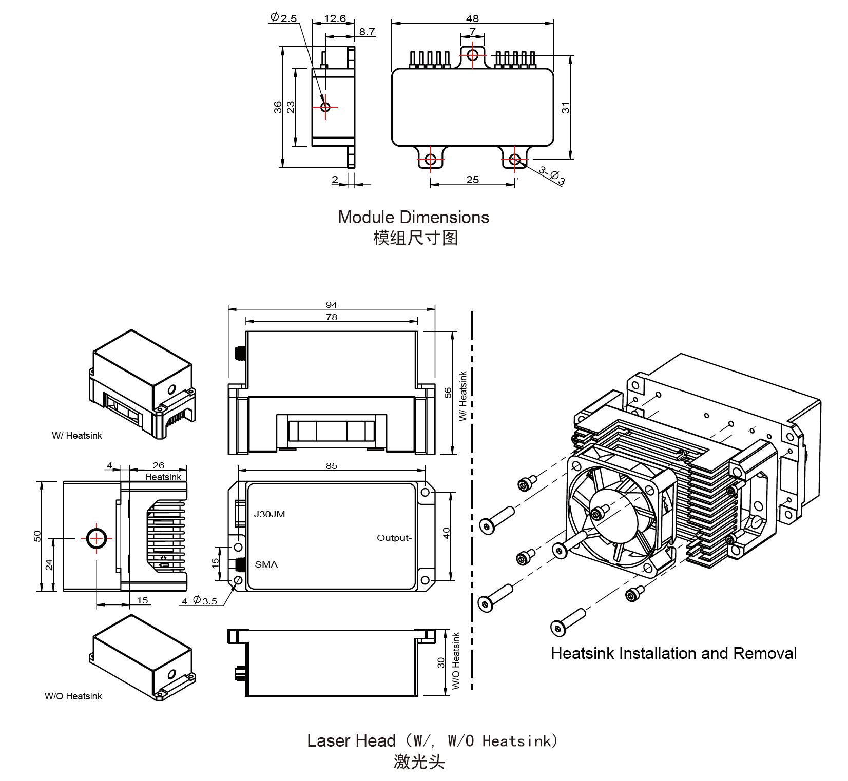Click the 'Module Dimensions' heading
click(413, 217)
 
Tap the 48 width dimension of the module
click(472, 18)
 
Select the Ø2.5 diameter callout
click(283, 18)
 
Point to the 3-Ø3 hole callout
click(552, 175)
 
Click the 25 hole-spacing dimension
click(472, 180)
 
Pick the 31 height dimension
click(565, 108)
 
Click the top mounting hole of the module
click(473, 54)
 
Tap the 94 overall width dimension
click(332, 305)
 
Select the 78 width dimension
click(332, 317)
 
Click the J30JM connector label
click(268, 514)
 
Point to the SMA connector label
click(265, 564)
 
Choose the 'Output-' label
click(394, 538)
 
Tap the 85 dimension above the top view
click(332, 466)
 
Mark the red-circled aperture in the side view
click(97, 538)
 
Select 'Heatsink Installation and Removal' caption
click(673, 653)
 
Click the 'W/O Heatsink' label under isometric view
click(73, 696)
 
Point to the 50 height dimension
click(37, 536)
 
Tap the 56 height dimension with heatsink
click(448, 393)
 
